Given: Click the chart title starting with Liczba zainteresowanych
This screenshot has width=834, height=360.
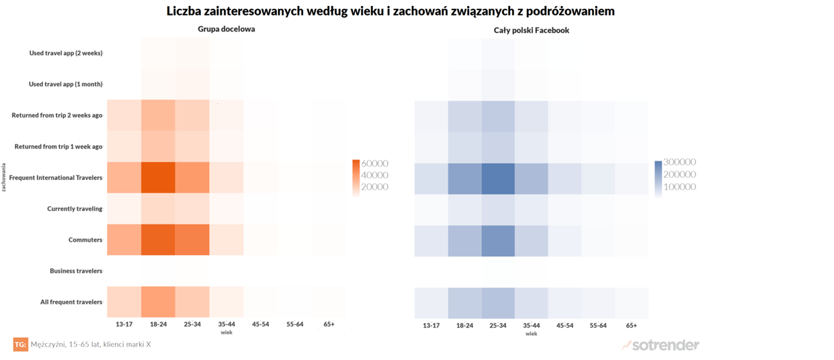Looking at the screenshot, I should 390,11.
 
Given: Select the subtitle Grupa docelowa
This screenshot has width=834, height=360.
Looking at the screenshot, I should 226,30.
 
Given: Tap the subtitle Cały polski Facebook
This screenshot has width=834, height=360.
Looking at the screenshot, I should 532,30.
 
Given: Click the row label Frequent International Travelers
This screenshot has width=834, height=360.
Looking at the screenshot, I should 56,177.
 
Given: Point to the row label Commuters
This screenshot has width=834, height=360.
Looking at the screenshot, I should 85,240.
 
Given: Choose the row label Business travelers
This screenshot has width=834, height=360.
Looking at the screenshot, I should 76,271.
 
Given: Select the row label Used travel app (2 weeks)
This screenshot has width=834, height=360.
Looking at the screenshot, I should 66,53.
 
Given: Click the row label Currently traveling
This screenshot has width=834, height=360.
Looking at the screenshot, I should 75,209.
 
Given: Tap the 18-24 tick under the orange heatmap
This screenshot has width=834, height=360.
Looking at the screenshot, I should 158,324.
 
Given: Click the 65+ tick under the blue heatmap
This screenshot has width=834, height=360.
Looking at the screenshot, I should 631,325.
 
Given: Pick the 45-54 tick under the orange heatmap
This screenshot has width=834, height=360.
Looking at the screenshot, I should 260,324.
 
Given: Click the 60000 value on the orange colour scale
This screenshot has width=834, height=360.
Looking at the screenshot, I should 375,163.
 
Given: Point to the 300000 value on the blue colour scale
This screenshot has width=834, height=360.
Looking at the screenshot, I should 679,162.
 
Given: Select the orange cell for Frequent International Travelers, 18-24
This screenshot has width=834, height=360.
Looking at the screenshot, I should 158,177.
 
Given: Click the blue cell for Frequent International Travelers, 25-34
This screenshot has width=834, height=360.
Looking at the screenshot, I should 498,177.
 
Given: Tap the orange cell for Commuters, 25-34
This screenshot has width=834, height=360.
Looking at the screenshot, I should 192,240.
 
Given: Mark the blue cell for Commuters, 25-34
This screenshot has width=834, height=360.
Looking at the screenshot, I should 498,240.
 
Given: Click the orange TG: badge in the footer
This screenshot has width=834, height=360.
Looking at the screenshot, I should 20,345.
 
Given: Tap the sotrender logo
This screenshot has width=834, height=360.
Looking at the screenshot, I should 661,345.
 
